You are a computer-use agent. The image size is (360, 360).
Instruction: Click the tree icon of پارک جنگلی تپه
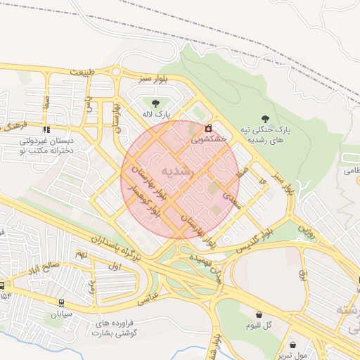[265, 119]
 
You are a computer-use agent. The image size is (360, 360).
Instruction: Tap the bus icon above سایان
[62, 304]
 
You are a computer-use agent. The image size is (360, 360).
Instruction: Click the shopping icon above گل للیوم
[259, 315]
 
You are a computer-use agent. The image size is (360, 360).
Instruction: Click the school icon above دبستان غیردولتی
[46, 130]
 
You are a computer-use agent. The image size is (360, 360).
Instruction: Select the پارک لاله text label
[156, 114]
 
